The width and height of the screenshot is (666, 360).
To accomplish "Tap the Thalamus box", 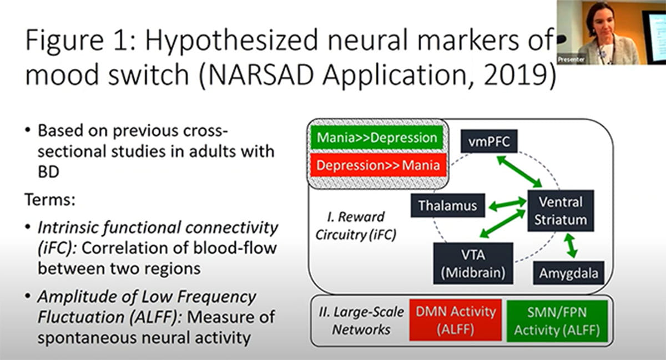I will point(447,206).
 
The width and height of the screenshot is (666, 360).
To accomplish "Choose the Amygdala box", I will point(568,273).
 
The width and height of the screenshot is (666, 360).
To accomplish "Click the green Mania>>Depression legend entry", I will point(377,138).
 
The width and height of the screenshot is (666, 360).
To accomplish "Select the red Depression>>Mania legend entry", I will point(377,165).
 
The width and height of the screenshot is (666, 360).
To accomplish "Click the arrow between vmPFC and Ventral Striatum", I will point(520,171).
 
